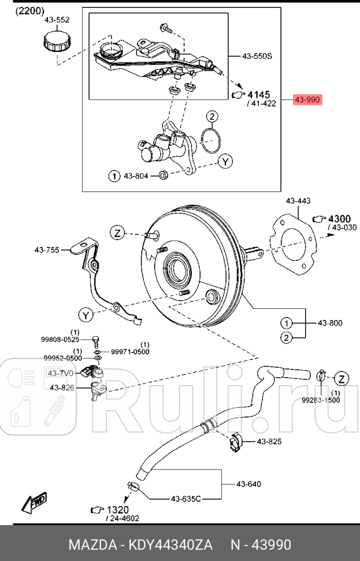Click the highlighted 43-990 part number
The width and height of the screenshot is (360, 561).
(x=307, y=100)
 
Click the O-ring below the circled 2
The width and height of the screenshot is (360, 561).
(x=212, y=138)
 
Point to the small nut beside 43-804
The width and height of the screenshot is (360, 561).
(x=163, y=175)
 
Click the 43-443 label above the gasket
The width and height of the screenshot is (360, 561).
(x=298, y=201)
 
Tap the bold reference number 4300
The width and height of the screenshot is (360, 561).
(x=339, y=219)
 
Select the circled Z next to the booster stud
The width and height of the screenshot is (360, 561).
(x=117, y=233)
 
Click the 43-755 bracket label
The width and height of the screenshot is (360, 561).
(x=47, y=250)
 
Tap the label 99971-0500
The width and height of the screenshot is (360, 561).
(x=130, y=352)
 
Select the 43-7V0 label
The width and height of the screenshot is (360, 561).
(x=60, y=373)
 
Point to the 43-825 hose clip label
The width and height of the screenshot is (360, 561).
(x=269, y=442)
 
